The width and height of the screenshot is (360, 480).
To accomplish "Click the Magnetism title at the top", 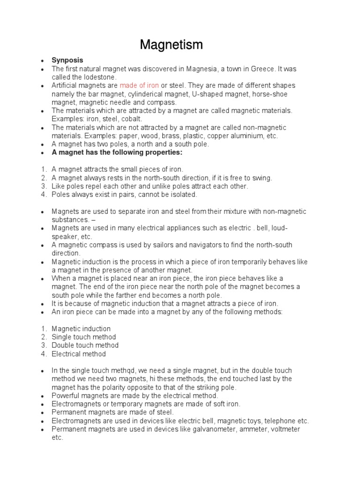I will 171,45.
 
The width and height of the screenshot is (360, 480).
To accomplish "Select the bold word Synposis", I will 67,60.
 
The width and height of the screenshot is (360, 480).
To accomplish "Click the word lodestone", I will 100,77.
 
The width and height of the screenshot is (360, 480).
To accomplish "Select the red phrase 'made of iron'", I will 139,86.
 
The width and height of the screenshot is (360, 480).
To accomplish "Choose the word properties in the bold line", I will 166,153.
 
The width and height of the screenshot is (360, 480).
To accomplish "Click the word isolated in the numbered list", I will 182,195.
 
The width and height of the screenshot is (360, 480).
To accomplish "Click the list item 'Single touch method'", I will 84,337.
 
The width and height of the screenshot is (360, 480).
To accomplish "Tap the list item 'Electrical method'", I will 79,354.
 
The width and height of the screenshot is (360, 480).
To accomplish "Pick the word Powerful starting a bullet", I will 67,396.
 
